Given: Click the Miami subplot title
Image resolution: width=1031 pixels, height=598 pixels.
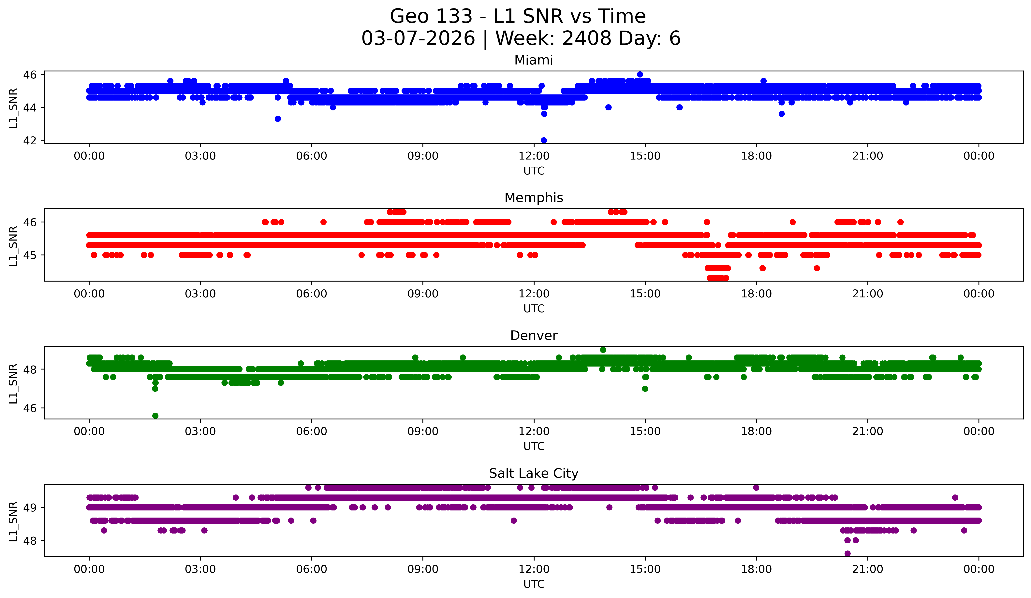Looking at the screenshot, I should pyautogui.click(x=534, y=60).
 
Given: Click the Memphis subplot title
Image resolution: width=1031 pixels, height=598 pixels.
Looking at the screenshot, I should pyautogui.click(x=534, y=198).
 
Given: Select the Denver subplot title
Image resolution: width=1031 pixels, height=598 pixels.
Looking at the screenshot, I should pyautogui.click(x=534, y=336).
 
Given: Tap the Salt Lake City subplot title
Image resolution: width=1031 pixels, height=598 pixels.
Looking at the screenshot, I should pyautogui.click(x=534, y=473).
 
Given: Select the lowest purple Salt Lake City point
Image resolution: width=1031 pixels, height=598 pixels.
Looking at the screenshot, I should pyautogui.click(x=847, y=553).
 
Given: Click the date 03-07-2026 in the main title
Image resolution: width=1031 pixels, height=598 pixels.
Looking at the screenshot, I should pyautogui.click(x=418, y=38).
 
